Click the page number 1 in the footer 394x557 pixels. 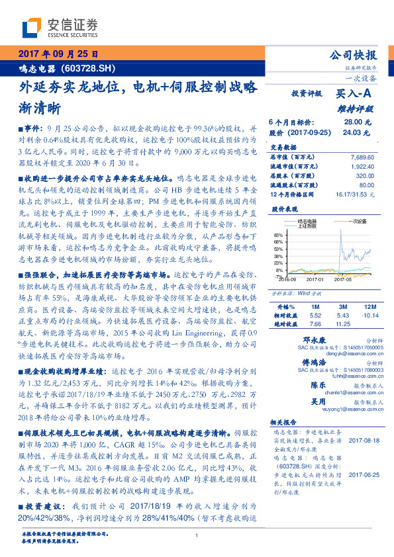[197, 536]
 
